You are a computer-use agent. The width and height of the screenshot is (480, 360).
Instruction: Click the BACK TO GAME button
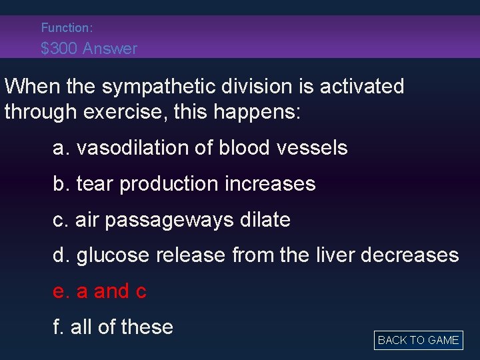[418, 340]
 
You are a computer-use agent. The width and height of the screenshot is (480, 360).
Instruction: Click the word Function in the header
[65, 28]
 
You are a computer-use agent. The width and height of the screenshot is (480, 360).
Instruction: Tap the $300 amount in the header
[59, 49]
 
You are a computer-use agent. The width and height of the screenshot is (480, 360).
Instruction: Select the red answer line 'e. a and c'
[100, 291]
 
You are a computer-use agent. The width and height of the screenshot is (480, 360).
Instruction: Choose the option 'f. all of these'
[113, 327]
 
